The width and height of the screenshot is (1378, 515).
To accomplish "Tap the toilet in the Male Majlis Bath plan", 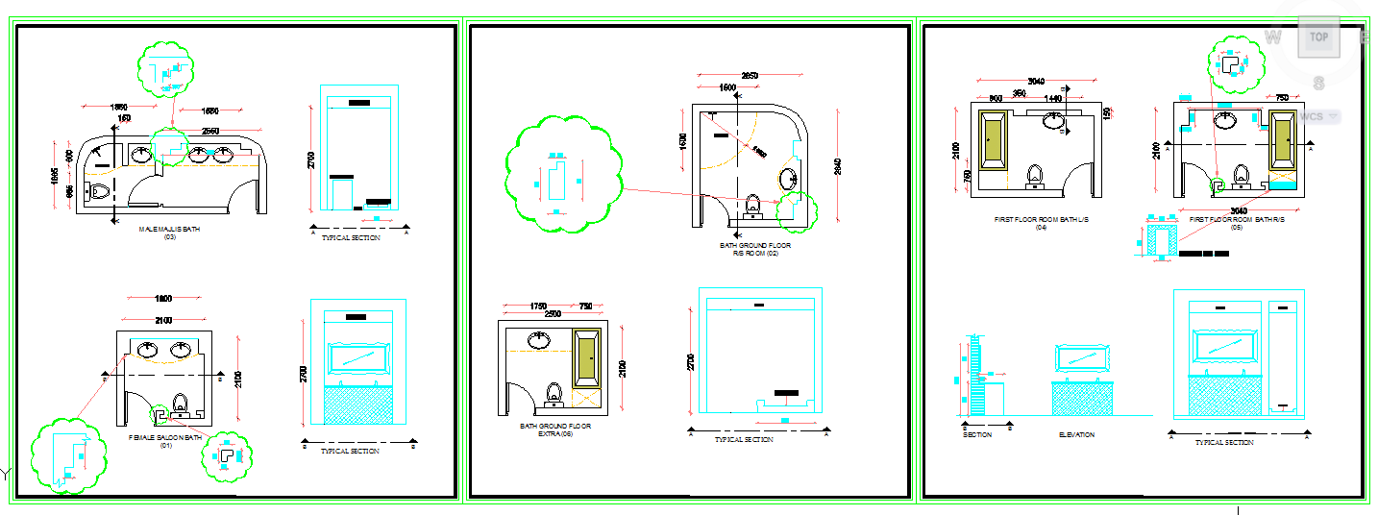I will [x=98, y=190].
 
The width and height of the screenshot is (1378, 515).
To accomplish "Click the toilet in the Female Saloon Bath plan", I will [x=179, y=404].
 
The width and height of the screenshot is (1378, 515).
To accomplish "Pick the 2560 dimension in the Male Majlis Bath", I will [x=209, y=132].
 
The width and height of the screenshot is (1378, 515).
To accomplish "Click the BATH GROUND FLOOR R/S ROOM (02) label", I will [x=755, y=249].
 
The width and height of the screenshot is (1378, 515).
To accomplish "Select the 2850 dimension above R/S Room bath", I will [x=749, y=76].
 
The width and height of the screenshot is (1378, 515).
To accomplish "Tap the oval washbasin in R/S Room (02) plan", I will [x=788, y=180].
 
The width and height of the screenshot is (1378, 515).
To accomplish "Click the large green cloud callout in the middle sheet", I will [x=560, y=175].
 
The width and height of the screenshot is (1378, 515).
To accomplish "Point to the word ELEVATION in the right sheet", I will [x=1076, y=435].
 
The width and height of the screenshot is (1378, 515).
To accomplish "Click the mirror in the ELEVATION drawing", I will [x=1084, y=357].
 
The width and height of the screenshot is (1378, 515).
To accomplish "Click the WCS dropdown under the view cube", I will [x=1318, y=117].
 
